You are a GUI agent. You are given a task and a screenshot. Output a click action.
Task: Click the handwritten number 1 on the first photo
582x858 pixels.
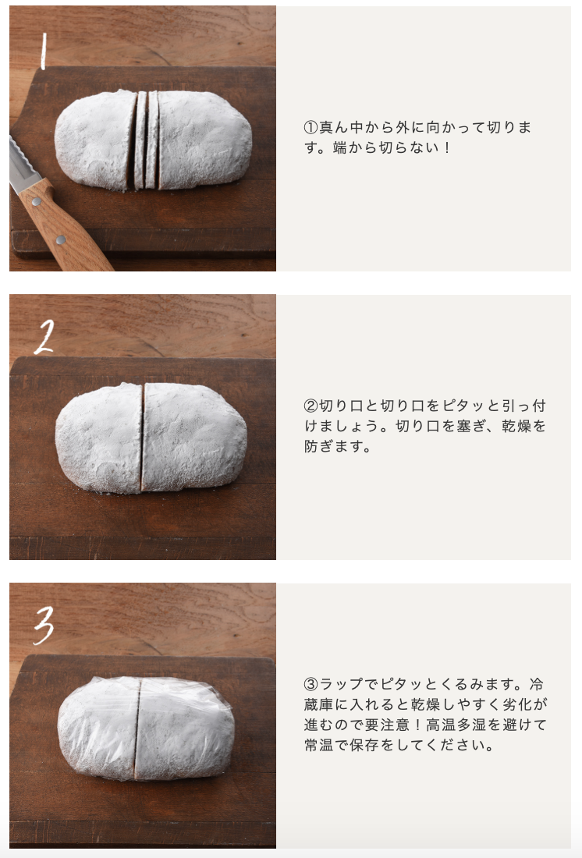[44, 51]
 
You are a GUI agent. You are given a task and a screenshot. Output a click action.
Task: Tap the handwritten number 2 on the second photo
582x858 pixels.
[44, 336]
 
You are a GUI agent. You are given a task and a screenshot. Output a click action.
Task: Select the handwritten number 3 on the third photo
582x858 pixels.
[44, 625]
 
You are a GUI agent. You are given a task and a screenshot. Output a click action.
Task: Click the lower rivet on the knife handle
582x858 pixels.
[61, 239]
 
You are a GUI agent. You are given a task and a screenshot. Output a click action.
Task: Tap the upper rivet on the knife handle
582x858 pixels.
[37, 201]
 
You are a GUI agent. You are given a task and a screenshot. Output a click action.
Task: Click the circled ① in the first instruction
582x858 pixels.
[311, 127]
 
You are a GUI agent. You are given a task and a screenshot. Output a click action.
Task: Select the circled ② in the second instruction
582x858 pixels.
[311, 406]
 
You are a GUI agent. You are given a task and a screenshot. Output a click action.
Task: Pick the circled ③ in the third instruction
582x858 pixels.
[311, 684]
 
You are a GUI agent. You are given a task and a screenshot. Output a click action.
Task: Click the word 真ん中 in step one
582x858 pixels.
[341, 127]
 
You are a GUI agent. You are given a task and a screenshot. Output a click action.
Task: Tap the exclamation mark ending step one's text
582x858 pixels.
[447, 147]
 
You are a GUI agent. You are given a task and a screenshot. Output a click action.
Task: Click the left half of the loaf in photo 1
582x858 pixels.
[95, 140]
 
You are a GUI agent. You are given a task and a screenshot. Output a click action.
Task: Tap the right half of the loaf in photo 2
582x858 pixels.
[194, 437]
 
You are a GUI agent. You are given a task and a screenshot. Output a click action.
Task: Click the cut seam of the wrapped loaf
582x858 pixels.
[137, 729]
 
